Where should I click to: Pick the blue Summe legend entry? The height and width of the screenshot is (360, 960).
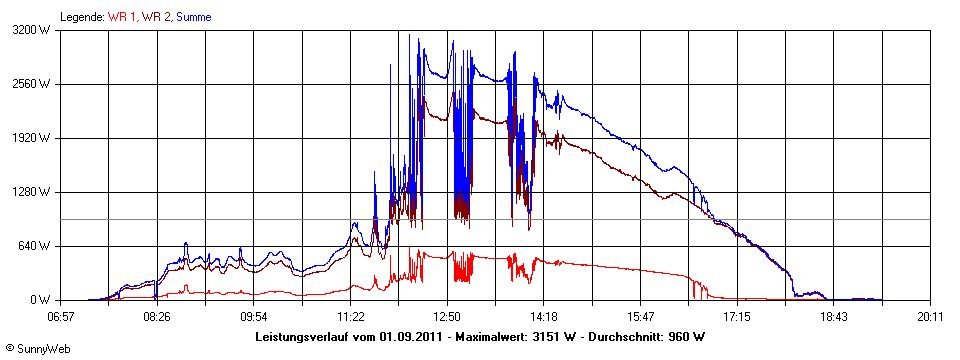(193, 17)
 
